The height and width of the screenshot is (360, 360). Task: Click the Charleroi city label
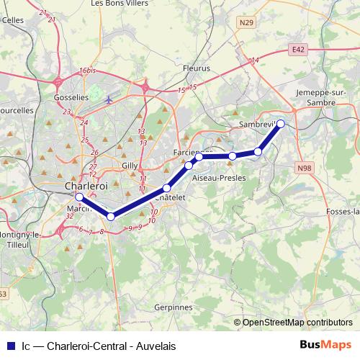[x=86, y=186]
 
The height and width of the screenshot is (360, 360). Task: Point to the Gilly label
[x=130, y=165]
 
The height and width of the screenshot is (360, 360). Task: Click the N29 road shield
[x=247, y=23]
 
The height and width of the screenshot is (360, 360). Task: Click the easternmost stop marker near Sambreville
[x=281, y=124]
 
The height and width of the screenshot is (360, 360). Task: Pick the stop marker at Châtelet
[x=166, y=188]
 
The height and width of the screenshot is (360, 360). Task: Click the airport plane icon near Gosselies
[x=108, y=99]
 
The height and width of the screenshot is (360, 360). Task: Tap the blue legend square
[x=11, y=346]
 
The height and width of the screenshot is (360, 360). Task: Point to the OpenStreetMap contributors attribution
[x=297, y=323]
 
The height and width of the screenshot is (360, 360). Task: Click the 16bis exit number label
[x=88, y=71]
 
